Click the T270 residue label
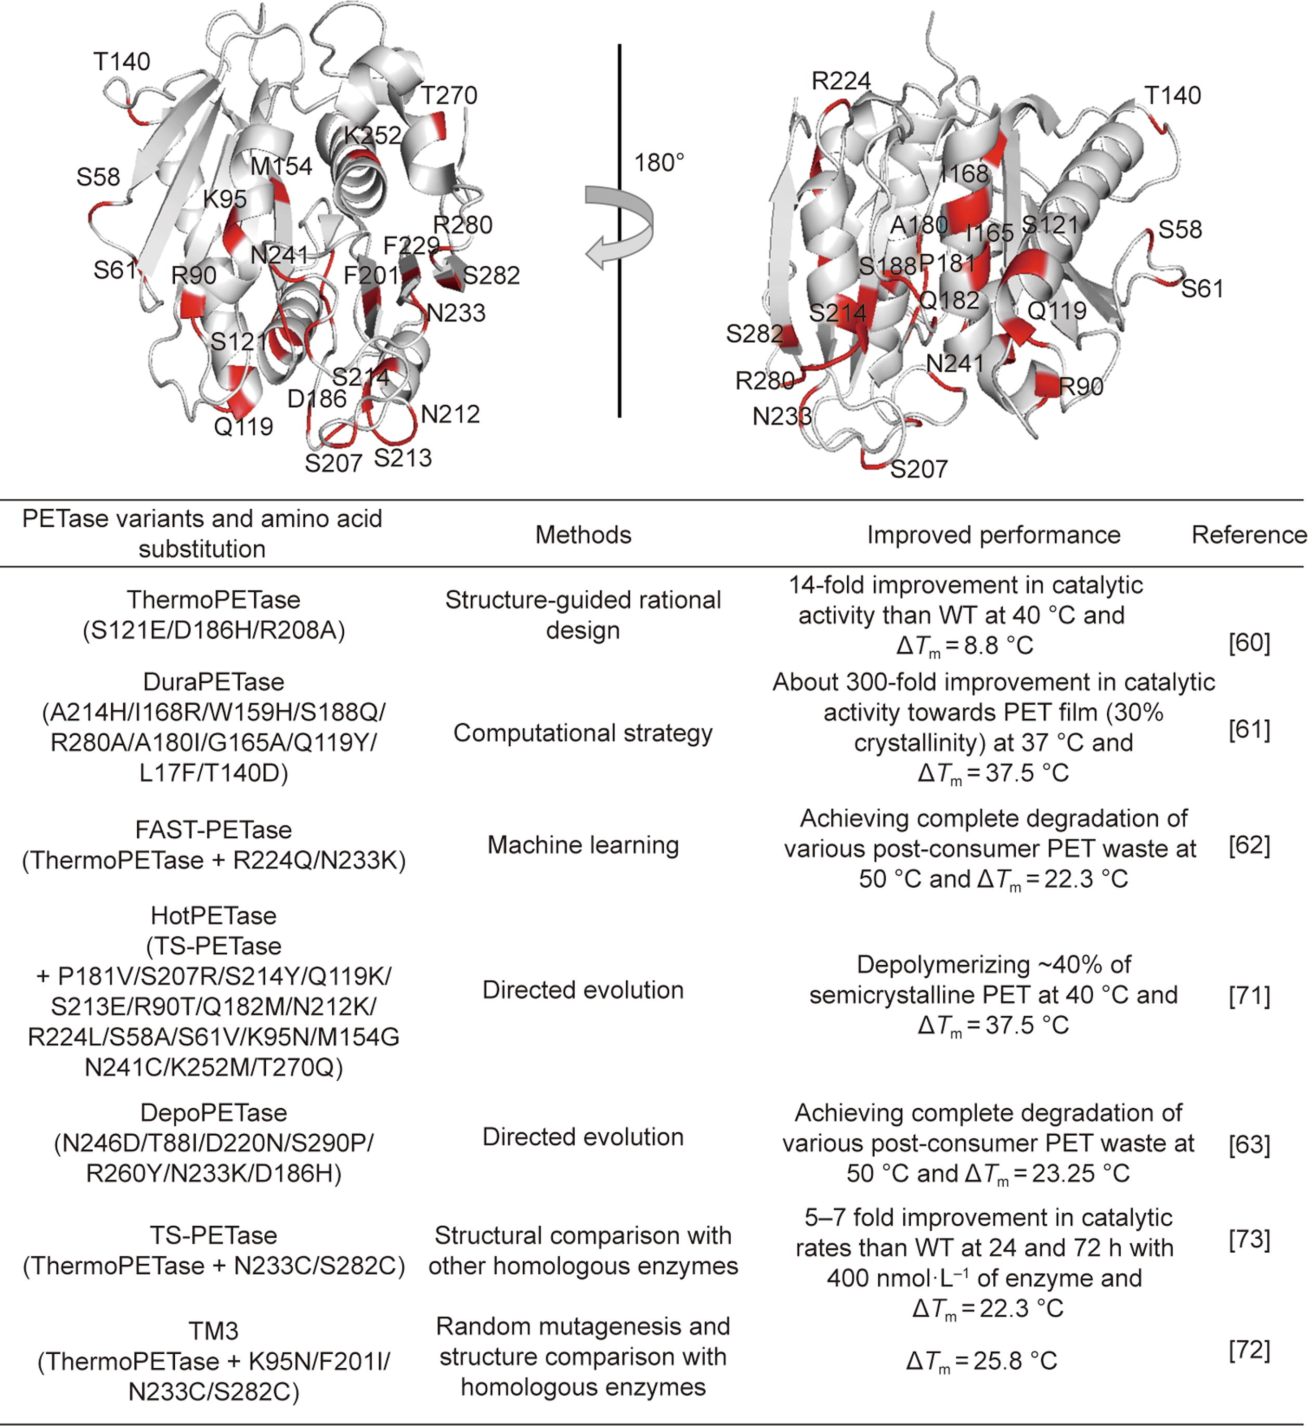tap(449, 96)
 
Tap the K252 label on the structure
tap(372, 135)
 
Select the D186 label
tap(316, 399)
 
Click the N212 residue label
tap(450, 414)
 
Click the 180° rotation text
tap(658, 163)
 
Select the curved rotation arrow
tap(618, 226)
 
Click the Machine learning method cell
tap(582, 845)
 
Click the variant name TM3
tap(213, 1331)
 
